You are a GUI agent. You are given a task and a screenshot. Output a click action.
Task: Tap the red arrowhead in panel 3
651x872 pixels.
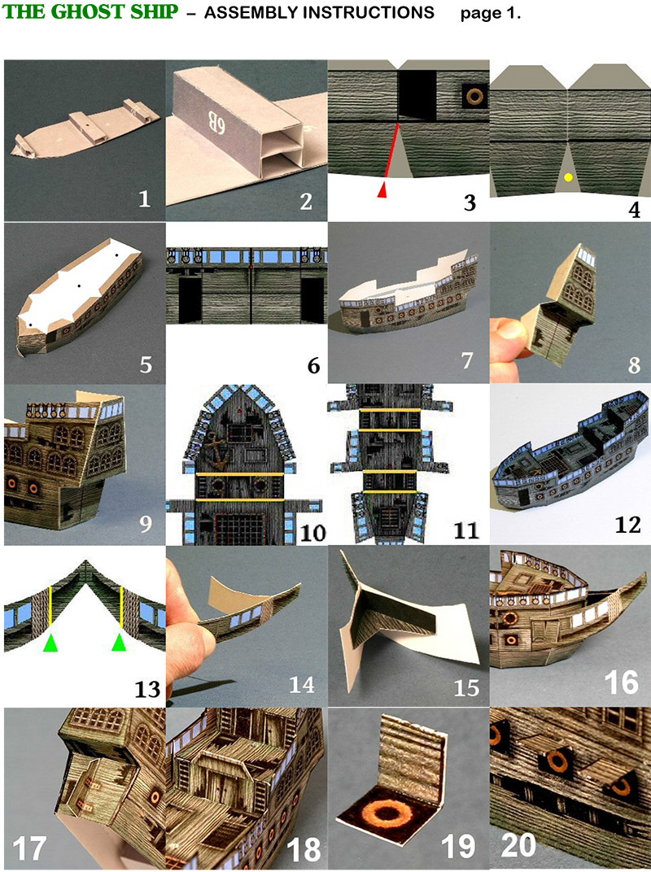tap(382, 190)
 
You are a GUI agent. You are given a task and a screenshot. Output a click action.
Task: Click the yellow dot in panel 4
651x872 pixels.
tap(569, 177)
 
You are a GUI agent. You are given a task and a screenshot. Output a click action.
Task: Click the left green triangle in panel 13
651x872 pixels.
tap(50, 643)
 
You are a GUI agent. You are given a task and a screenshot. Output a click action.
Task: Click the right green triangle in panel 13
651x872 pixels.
tap(120, 643)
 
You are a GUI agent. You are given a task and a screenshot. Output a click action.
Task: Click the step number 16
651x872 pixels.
tap(622, 682)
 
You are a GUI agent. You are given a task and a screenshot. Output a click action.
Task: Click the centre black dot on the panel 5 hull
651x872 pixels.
tap(78, 286)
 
